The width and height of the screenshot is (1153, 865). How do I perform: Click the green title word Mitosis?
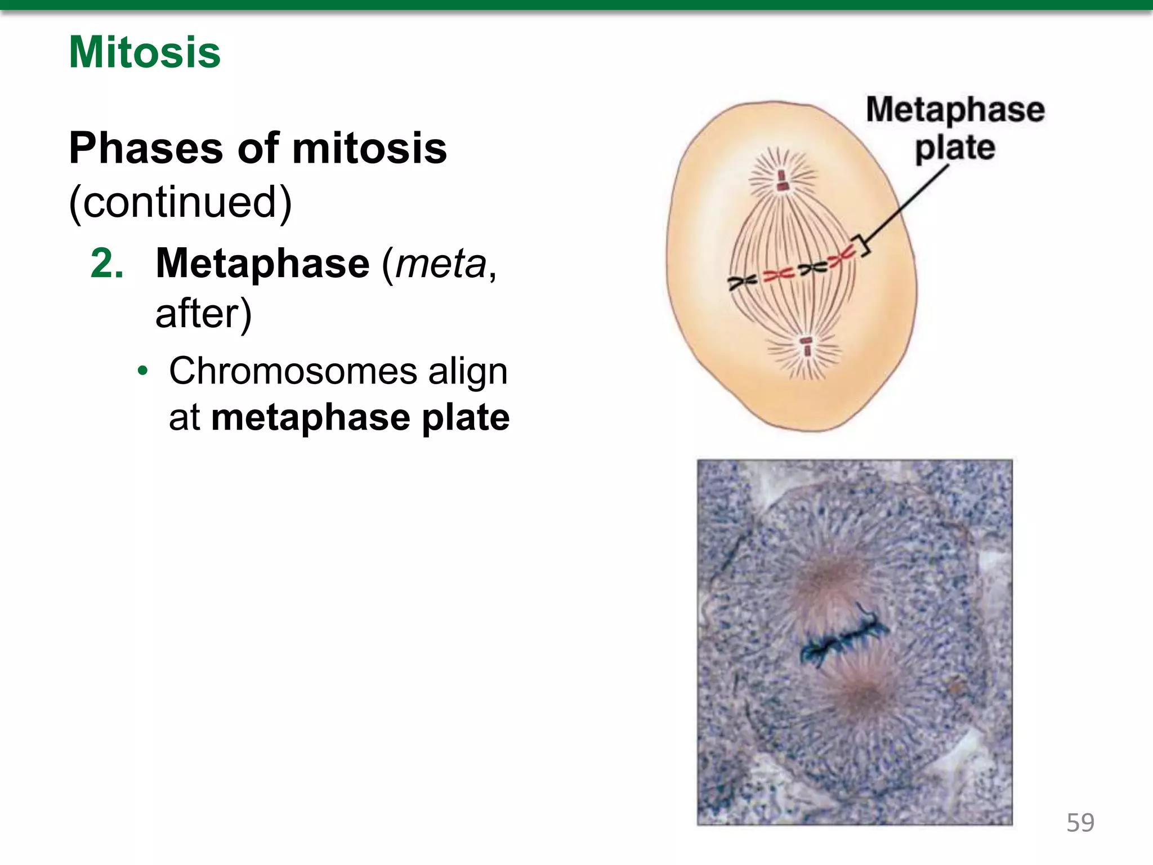(x=145, y=52)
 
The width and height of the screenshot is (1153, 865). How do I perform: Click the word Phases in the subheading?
(x=146, y=148)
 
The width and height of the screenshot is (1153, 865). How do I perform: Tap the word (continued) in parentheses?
(x=180, y=202)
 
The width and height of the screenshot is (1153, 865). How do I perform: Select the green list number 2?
(x=107, y=264)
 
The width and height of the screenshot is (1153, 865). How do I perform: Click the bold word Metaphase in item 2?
(x=262, y=264)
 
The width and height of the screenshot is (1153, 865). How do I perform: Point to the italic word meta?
(x=441, y=264)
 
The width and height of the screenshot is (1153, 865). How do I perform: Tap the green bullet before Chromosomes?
(x=144, y=372)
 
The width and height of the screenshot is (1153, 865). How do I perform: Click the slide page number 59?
(x=1080, y=823)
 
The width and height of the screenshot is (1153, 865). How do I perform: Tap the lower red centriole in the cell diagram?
(x=807, y=347)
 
